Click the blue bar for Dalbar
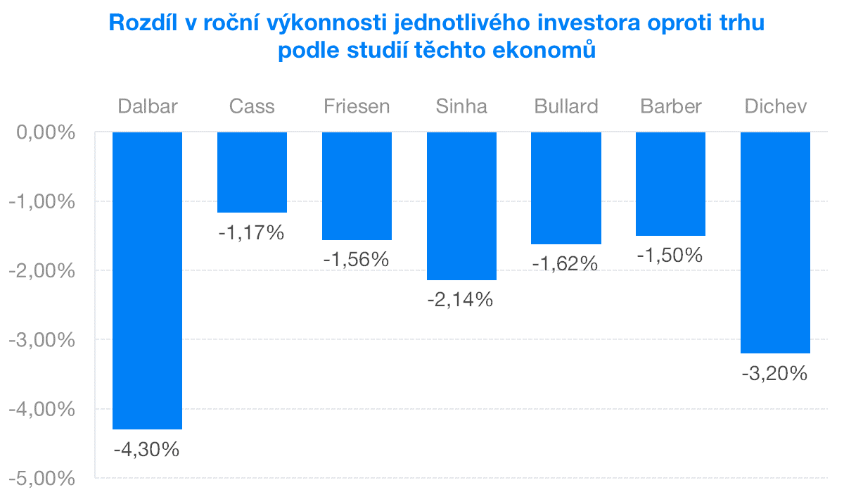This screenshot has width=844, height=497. coord(147,280)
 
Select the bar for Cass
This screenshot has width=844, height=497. coord(252,172)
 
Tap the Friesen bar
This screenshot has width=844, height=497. coord(357,186)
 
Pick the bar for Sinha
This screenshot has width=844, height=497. coord(461,206)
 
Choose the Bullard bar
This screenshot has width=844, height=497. coord(566,188)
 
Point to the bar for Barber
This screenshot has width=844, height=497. coord(670,184)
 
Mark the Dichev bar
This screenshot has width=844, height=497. coord(775,242)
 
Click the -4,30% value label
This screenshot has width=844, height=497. coord(147,448)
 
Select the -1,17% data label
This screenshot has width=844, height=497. coord(252,232)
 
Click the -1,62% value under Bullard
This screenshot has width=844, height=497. coord(565,263)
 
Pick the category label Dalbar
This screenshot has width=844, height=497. coord(148,106)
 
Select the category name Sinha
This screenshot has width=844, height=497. coord(461,106)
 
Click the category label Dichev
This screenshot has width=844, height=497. coord(775,106)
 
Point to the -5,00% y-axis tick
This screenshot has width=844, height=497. coord(42,479)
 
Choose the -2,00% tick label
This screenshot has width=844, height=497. coord(42,271)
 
